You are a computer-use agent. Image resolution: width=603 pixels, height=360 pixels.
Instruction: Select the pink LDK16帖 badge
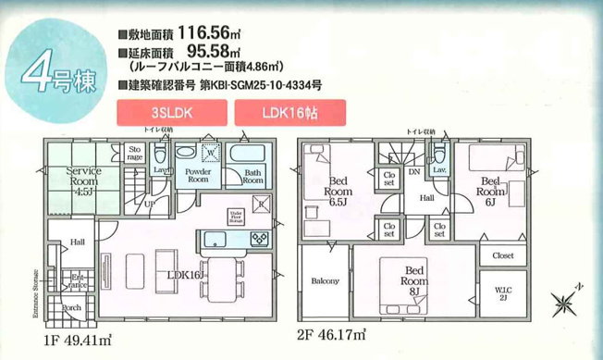point(290,113)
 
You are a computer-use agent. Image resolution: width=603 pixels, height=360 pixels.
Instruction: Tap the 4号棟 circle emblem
point(55,73)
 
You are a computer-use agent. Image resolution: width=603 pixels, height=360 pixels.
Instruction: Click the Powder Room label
point(199,177)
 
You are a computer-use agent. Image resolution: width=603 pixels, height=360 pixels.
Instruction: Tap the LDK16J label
point(185,275)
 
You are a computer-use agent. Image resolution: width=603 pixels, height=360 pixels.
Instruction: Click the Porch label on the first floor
point(70,307)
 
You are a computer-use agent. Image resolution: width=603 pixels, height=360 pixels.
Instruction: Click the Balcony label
point(325,280)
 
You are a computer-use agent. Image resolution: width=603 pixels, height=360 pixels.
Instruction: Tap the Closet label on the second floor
point(504,254)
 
